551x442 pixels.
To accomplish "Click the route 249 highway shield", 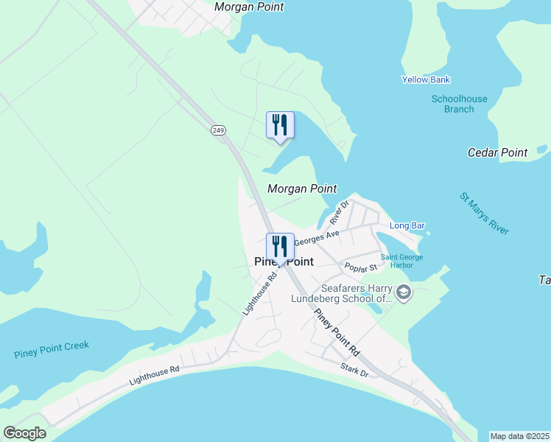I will click(218, 130).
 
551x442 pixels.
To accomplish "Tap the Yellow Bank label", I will click(426, 80).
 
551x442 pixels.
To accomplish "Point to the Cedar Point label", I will click(498, 152).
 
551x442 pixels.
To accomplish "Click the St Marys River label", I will click(484, 214).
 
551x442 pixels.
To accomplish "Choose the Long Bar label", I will click(407, 225).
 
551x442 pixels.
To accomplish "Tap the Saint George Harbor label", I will click(401, 262).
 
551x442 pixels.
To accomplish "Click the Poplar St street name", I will click(361, 267).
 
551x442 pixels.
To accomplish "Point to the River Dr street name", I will click(339, 212).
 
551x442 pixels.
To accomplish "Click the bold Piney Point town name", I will click(284, 262).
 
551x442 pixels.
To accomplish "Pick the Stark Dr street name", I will click(354, 368).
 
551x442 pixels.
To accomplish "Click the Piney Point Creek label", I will click(52, 350).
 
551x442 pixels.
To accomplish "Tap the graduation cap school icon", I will click(403, 293).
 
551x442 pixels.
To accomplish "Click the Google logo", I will click(24, 433).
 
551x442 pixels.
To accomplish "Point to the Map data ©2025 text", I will click(519, 436).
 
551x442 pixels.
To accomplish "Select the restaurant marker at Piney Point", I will click(280, 248).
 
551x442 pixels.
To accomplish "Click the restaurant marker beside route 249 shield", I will click(280, 125).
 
